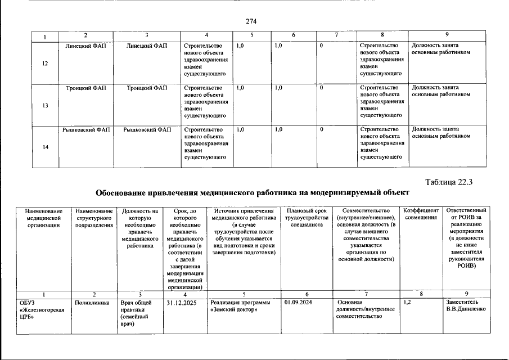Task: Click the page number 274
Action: (251, 21)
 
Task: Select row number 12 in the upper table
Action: (45, 64)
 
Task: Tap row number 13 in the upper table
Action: (45, 106)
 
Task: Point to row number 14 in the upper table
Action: (45, 147)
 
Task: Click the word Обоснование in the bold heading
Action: (120, 192)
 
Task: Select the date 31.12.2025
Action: (181, 303)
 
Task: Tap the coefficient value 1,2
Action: (408, 303)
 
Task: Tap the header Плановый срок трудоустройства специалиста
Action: (306, 217)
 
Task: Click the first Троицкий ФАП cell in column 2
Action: (84, 88)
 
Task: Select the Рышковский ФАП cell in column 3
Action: (147, 129)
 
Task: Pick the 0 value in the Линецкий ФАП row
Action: (321, 46)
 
